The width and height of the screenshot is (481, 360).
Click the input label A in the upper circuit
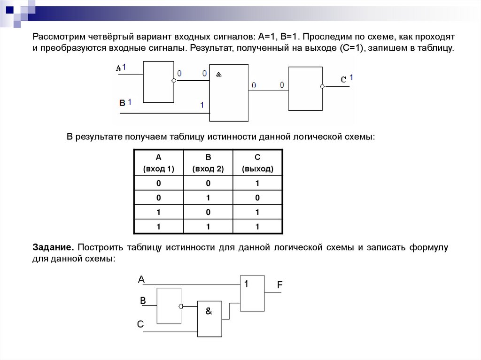(118, 69)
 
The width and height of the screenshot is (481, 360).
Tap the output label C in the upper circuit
(343, 80)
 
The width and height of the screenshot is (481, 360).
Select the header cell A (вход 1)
(158, 163)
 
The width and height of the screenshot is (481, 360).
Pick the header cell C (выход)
(257, 163)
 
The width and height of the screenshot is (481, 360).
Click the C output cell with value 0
(257, 198)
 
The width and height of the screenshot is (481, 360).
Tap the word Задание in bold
(53, 247)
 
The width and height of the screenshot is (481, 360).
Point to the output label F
(280, 285)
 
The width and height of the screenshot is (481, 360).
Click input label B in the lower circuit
(143, 300)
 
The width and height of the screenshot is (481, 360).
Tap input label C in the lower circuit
(140, 324)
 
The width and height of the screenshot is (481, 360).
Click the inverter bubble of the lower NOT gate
(181, 306)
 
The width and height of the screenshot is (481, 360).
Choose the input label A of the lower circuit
(141, 280)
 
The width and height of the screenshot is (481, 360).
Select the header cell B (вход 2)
(208, 163)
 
